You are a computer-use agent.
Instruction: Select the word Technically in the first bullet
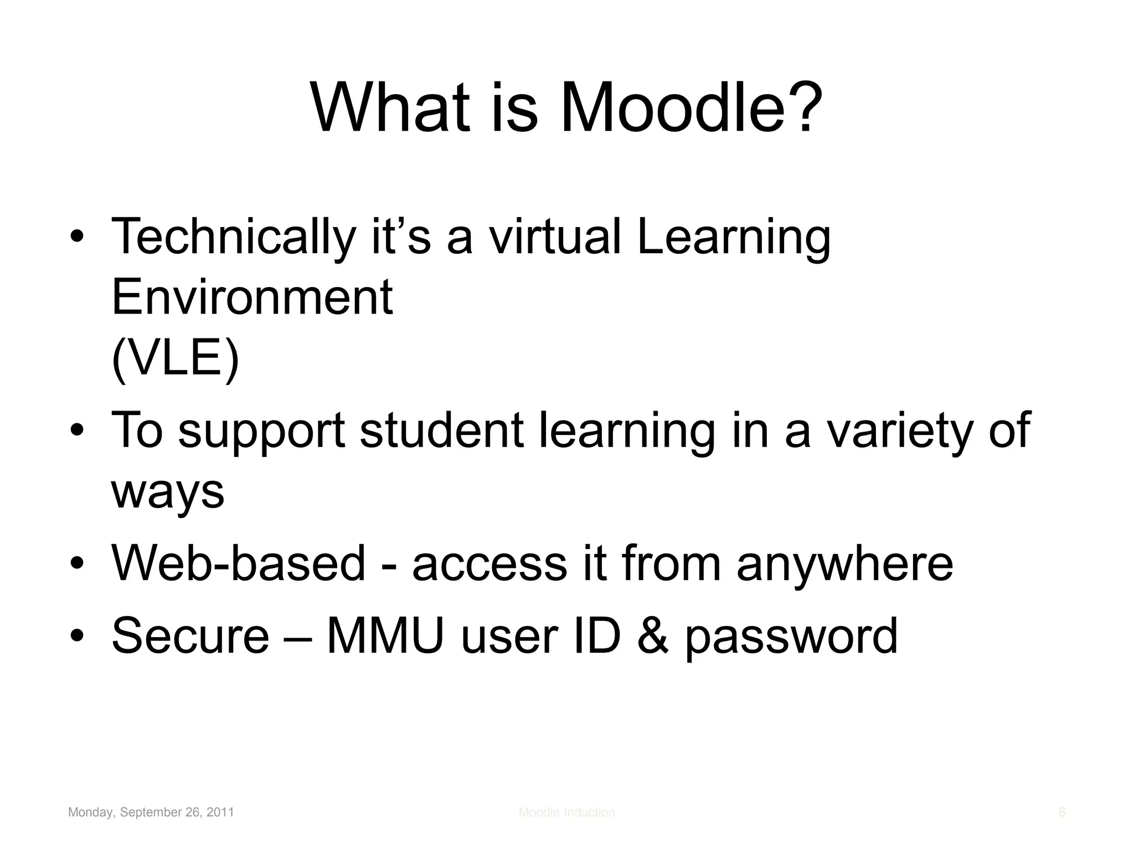(233, 238)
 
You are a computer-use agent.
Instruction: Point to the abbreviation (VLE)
(176, 358)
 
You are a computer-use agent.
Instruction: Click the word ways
(168, 491)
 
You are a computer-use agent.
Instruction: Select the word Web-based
(239, 563)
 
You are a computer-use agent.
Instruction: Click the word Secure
(190, 635)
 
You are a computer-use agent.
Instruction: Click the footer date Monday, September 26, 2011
(151, 812)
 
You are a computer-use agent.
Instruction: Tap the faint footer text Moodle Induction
(566, 812)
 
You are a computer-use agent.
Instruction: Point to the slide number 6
(1062, 812)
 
